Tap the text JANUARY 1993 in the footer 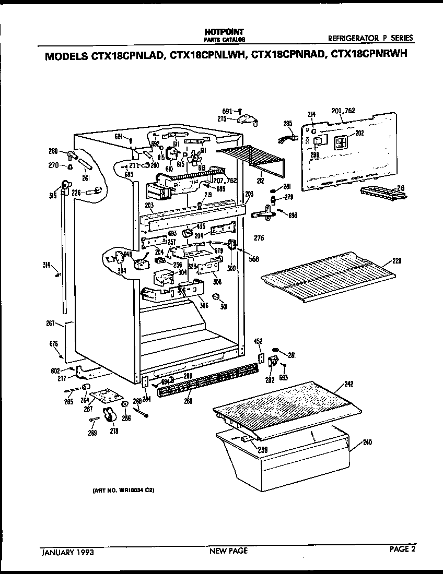tap(67, 551)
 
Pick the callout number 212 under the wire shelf tap(260, 181)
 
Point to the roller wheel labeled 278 tap(110, 415)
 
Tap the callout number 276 tap(259, 238)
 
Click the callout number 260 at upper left tap(53, 152)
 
